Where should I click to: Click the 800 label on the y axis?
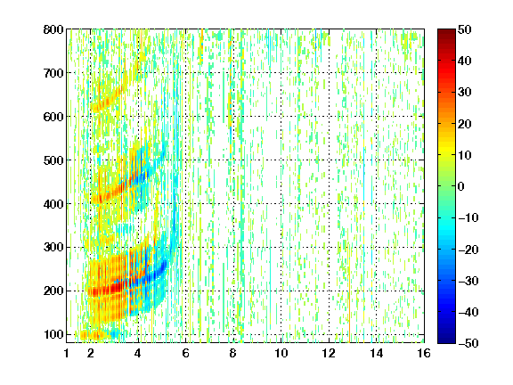pyautogui.click(x=53, y=29)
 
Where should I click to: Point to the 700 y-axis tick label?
pyautogui.click(x=53, y=73)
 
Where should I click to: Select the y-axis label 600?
pyautogui.click(x=53, y=117)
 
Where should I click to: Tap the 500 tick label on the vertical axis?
pyautogui.click(x=53, y=160)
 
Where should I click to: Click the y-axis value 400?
pyautogui.click(x=53, y=204)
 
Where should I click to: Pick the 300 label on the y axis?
pyautogui.click(x=53, y=248)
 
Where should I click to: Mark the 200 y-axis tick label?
pyautogui.click(x=53, y=291)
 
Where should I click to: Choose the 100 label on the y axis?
pyautogui.click(x=53, y=334)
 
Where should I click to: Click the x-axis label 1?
pyautogui.click(x=67, y=353)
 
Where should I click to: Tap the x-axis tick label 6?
pyautogui.click(x=186, y=353)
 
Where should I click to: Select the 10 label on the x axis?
pyautogui.click(x=281, y=353)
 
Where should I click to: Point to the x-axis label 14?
pyautogui.click(x=377, y=353)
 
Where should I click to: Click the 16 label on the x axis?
pyautogui.click(x=424, y=353)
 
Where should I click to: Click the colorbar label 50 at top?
pyautogui.click(x=465, y=29)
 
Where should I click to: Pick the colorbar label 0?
pyautogui.click(x=461, y=186)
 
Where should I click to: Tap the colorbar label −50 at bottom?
pyautogui.click(x=468, y=343)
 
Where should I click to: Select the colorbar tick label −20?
pyautogui.click(x=468, y=250)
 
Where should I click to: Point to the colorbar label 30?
pyautogui.click(x=465, y=93)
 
